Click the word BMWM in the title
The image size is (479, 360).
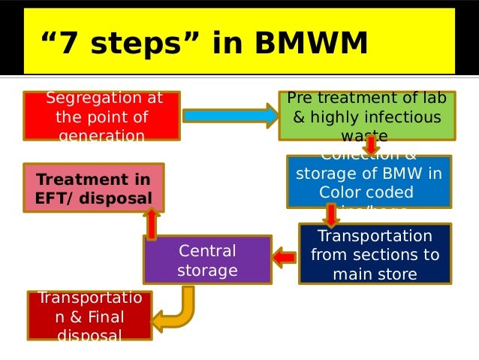tap(311, 44)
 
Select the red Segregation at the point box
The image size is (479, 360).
tap(101, 116)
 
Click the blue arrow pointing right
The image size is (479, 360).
tap(230, 116)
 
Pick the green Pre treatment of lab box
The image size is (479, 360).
tap(366, 116)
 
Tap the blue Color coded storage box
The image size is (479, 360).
tap(369, 181)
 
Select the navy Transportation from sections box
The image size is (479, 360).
tap(375, 254)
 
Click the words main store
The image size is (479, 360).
tap(375, 274)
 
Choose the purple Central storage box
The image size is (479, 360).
tap(207, 260)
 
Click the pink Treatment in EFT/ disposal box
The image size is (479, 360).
tap(94, 188)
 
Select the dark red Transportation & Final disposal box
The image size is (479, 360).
tap(89, 316)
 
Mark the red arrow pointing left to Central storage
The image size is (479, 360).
tap(285, 258)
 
